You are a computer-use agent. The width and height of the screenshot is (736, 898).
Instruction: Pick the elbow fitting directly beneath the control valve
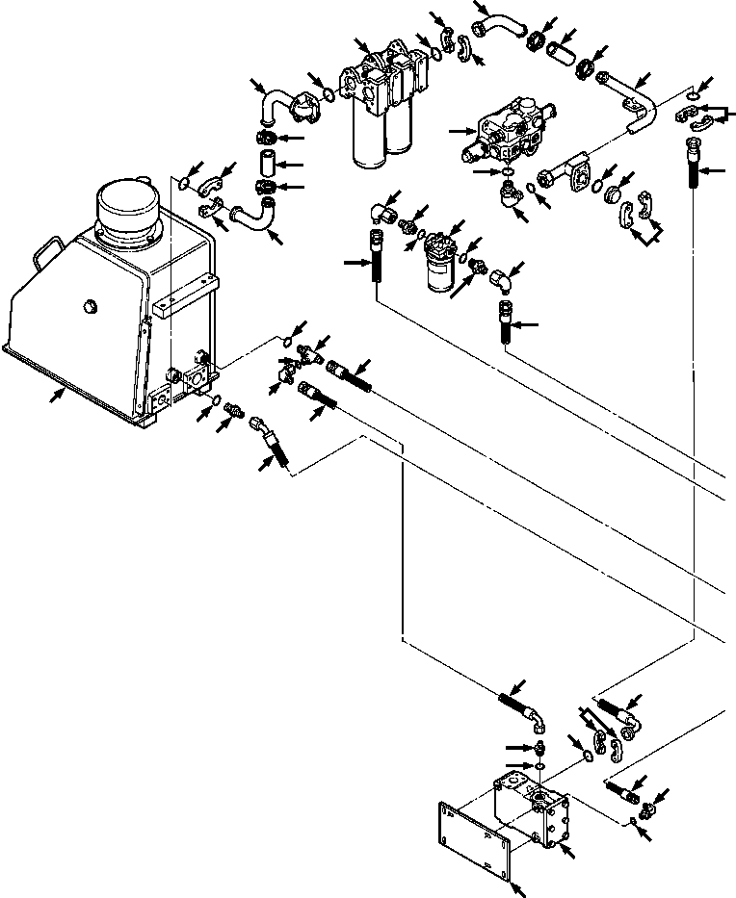coord(508,193)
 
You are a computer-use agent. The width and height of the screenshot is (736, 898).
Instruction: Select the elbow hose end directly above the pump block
coord(528,713)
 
